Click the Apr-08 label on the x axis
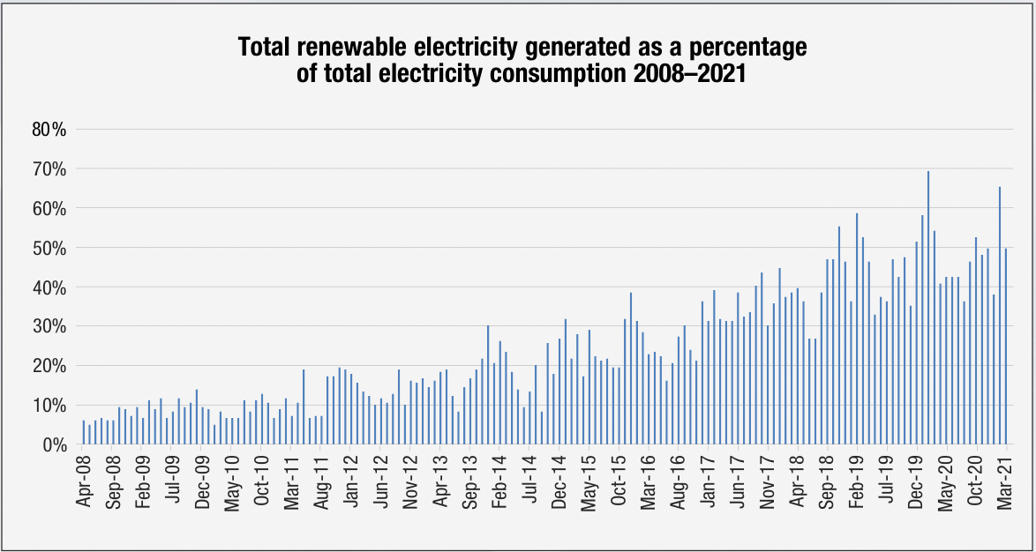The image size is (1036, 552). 84,482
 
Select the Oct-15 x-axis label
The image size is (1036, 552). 619,482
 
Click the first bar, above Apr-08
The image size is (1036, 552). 84,433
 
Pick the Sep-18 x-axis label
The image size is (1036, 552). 827,482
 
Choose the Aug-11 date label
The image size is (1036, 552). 322,482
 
